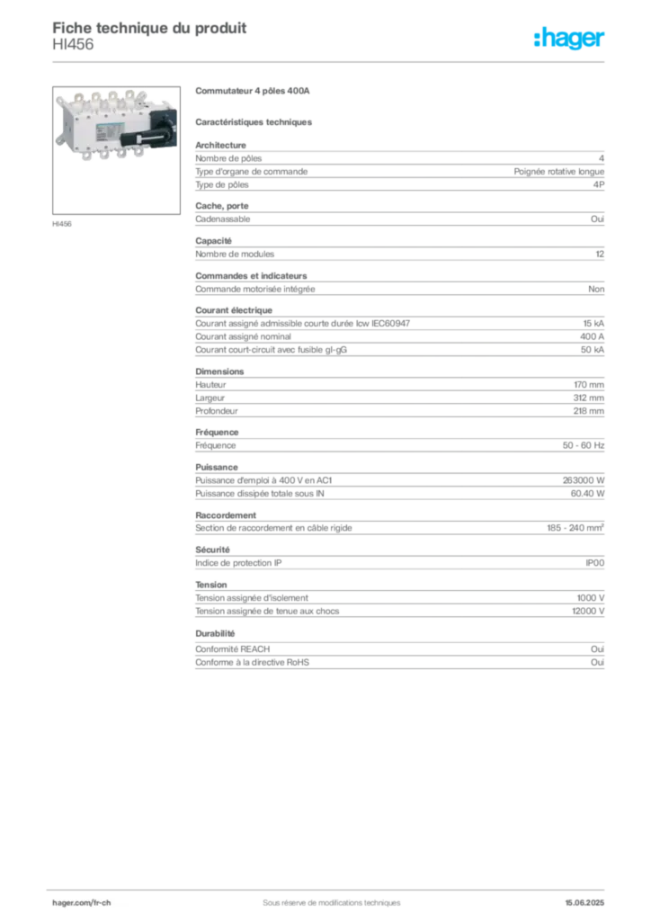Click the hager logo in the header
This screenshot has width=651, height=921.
pyautogui.click(x=569, y=38)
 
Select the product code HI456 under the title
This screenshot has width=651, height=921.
pyautogui.click(x=73, y=45)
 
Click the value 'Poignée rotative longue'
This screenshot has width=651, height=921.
pyautogui.click(x=559, y=172)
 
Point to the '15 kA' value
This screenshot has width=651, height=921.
pyautogui.click(x=593, y=324)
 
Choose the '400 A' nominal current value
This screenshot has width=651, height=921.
pyautogui.click(x=592, y=336)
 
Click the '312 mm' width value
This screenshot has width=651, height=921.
pyautogui.click(x=589, y=398)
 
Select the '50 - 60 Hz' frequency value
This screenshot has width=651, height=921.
pyautogui.click(x=584, y=445)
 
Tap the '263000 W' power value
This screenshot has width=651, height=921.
pyautogui.click(x=584, y=480)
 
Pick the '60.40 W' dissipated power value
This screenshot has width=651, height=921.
pyautogui.click(x=587, y=494)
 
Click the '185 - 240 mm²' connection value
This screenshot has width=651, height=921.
pyautogui.click(x=575, y=527)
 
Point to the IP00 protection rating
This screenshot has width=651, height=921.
pyautogui.click(x=594, y=563)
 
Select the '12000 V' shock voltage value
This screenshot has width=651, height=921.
pyautogui.click(x=588, y=611)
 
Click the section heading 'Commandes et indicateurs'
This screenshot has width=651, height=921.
pyautogui.click(x=251, y=275)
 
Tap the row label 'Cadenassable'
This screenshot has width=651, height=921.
pyautogui.click(x=222, y=219)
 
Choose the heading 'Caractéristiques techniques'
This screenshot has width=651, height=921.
pyautogui.click(x=254, y=122)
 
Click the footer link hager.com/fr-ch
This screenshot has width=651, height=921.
pyautogui.click(x=82, y=903)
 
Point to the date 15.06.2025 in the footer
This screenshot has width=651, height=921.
pyautogui.click(x=584, y=903)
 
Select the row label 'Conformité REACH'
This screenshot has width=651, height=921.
pyautogui.click(x=233, y=649)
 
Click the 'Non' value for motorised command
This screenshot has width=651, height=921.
pyautogui.click(x=596, y=289)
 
